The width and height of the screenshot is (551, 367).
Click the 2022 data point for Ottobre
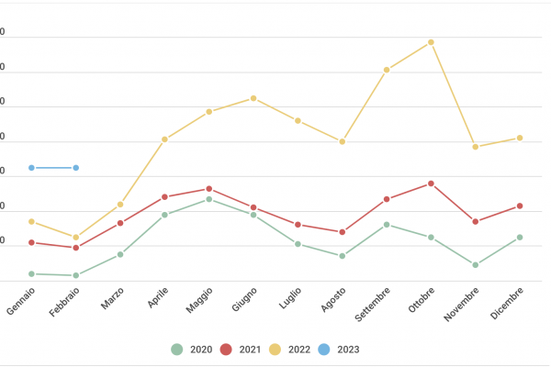[x=431, y=42]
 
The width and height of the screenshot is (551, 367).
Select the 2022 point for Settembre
[x=387, y=70]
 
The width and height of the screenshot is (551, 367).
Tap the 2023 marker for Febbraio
[x=76, y=168]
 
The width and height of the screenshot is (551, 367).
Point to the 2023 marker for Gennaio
[x=31, y=168]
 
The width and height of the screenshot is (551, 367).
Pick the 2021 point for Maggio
[x=209, y=189]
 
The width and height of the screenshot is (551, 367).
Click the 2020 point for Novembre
[x=476, y=265]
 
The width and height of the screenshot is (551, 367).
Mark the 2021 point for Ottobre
[x=431, y=183]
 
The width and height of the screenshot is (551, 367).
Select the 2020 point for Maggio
[x=209, y=199]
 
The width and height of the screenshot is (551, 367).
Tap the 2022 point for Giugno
[x=253, y=98]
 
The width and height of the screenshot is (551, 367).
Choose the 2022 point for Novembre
[x=476, y=147]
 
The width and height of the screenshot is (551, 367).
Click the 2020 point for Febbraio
[x=76, y=275]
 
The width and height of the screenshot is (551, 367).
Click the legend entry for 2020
[x=191, y=349]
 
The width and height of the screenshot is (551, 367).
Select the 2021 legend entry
[x=239, y=349]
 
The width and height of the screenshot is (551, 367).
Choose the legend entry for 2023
[x=338, y=349]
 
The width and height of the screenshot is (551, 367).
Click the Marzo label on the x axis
[x=113, y=298]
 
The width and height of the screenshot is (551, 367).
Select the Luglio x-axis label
[x=291, y=298]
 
